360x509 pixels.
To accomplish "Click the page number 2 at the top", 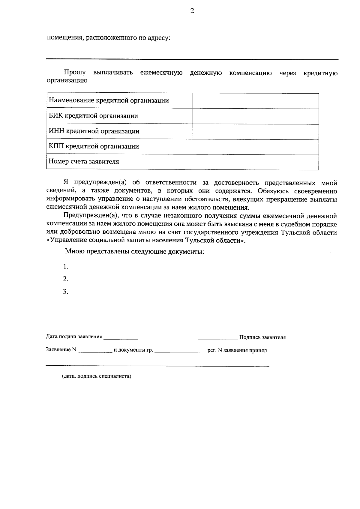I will (192, 11).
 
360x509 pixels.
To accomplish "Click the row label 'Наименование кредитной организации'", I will (109, 101).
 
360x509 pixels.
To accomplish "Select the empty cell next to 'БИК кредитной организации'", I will (255, 116).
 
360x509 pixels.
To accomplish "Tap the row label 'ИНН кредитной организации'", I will (94, 131).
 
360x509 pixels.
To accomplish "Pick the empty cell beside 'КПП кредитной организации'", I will (255, 147).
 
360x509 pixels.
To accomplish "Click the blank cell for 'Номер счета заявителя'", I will (255, 162).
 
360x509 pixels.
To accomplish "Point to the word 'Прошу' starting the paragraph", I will (74, 73).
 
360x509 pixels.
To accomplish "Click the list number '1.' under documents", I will (66, 267).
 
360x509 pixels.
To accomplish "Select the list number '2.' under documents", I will (66, 279).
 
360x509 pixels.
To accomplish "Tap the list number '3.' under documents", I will (66, 292).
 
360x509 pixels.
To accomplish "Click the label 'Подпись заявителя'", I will (262, 337).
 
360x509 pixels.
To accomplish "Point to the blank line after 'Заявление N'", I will (95, 351).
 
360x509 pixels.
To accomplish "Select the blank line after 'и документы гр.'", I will (180, 351).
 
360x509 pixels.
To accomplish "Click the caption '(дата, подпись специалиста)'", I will (97, 376).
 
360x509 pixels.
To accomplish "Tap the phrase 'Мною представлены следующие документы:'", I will (135, 252).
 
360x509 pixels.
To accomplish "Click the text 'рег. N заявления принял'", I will (237, 350).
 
